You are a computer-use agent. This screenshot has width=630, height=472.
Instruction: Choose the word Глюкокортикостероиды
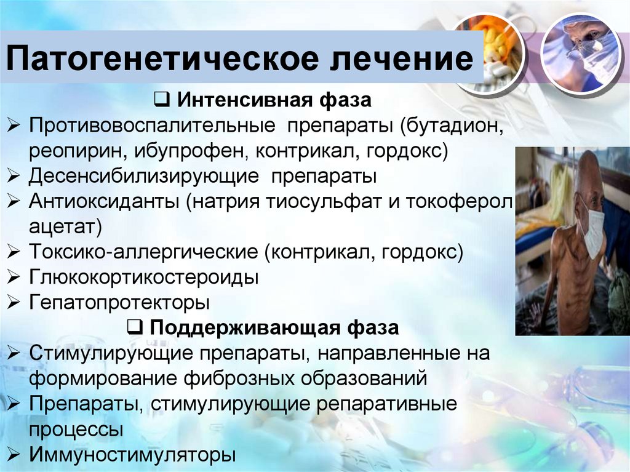pyautogui.click(x=143, y=277)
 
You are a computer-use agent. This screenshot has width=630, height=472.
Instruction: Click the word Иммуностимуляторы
pyautogui.click(x=132, y=455)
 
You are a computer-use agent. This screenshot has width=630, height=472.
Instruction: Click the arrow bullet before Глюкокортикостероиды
pyautogui.click(x=14, y=277)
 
